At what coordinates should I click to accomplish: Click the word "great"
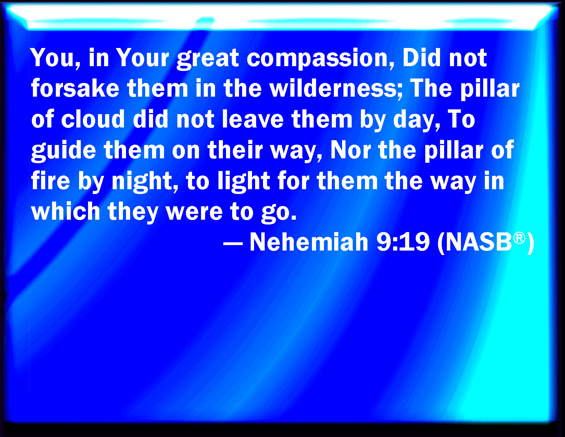coord(208,59)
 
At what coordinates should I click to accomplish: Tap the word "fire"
coord(50,180)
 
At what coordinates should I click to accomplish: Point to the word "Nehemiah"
coord(309,242)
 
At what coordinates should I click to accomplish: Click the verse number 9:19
coord(403,242)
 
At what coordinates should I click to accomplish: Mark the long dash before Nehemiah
coord(233,244)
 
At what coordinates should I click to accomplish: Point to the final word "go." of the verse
coord(279,213)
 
